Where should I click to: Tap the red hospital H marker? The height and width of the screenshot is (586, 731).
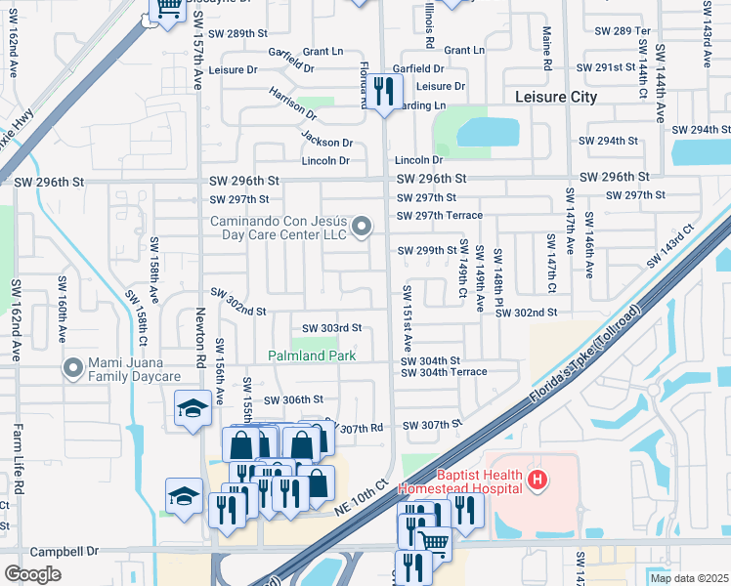[x=537, y=479]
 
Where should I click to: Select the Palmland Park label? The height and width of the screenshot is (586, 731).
[x=313, y=356]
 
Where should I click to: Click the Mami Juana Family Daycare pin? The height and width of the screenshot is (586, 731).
[x=72, y=368]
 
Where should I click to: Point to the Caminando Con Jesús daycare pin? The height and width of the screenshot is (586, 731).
[x=363, y=228]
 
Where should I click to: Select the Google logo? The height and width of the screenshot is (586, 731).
[x=32, y=574]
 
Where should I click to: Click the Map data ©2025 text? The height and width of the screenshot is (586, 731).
[x=688, y=578]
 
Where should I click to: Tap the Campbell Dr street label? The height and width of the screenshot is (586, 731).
[x=64, y=552]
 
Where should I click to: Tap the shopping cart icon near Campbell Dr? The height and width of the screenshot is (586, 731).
[x=434, y=541]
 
